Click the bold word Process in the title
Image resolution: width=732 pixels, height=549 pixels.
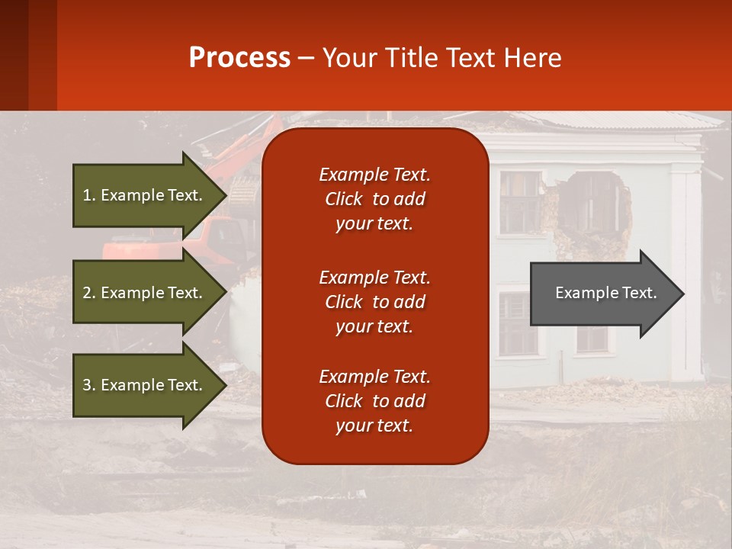click(239, 57)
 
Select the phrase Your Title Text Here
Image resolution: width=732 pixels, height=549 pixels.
click(441, 57)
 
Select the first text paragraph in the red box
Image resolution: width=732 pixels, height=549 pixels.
click(374, 199)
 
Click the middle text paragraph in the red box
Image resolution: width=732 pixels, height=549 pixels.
click(374, 302)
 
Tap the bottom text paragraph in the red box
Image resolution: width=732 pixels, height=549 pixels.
click(374, 401)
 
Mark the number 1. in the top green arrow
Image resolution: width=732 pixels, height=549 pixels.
click(89, 195)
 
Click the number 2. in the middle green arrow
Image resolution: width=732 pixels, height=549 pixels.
click(89, 293)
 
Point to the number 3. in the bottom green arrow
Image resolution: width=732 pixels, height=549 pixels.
click(89, 385)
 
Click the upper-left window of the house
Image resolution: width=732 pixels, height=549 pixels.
click(519, 201)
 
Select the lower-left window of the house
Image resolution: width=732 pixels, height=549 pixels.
click(518, 324)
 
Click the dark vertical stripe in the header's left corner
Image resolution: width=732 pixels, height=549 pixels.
click(42, 55)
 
